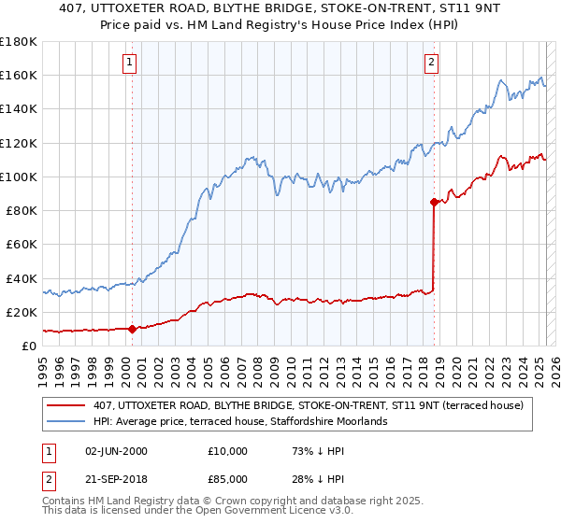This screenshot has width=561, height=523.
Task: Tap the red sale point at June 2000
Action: [x=132, y=329]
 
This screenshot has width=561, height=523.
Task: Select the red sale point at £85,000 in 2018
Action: [x=434, y=202]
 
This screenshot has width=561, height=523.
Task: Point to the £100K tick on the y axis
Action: [x=19, y=177]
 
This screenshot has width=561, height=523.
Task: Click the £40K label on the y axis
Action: [x=22, y=278]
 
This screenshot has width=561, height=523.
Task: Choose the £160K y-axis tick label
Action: [x=19, y=75]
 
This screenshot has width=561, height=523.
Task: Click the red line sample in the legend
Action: [x=68, y=405]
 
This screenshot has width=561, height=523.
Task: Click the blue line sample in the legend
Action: [x=68, y=422]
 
